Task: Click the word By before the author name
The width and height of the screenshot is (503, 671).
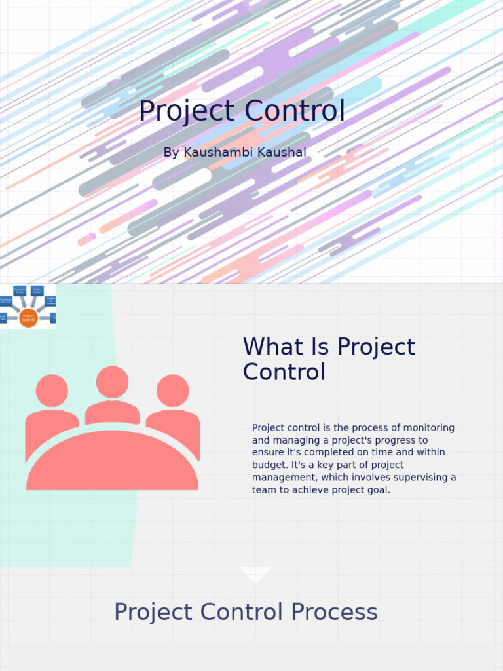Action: pos(171,153)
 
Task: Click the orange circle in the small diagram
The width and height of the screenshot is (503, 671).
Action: pos(28,318)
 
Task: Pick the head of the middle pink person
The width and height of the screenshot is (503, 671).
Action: pos(112,382)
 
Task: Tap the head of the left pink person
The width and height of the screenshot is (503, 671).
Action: pos(52,391)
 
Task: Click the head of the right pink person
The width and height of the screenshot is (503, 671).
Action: pos(173,391)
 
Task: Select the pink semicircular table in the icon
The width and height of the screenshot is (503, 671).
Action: pos(112,462)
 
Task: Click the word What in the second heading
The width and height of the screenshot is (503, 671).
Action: pos(274,347)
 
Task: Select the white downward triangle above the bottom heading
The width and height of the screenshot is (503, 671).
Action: pos(255,573)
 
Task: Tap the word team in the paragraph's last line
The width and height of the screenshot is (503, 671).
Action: pos(264,490)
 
